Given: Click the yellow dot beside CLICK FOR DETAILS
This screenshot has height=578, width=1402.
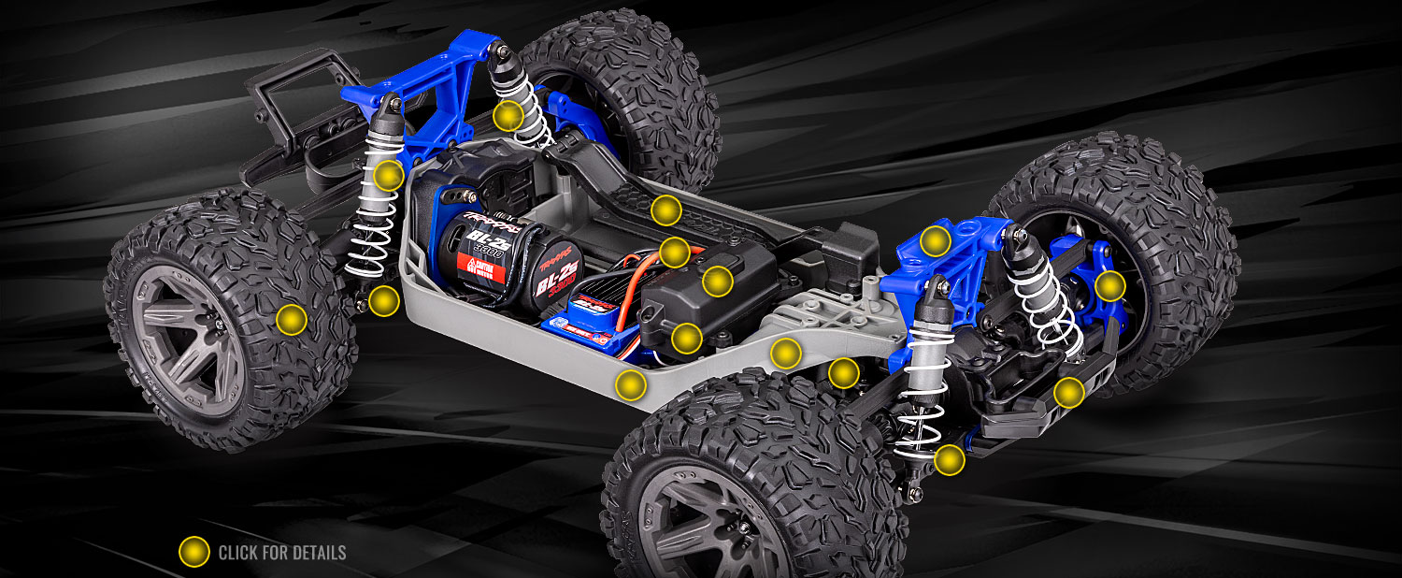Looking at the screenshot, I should coord(193,552).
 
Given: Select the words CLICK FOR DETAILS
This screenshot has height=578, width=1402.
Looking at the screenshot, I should coord(281,553).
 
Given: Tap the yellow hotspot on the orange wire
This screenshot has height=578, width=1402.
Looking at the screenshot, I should coord(674,252).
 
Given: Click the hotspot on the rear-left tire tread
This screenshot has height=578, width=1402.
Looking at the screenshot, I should coord(292,320).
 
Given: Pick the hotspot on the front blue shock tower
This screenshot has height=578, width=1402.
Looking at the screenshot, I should coord(936,241).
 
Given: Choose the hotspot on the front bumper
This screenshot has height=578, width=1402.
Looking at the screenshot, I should coord(1069,392).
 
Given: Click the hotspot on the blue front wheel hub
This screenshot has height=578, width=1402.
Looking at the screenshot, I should coord(1109,286).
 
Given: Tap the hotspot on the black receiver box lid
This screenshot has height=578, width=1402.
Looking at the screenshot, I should coord(717,281).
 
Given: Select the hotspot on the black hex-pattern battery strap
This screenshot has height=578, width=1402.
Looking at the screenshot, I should coord(665,210).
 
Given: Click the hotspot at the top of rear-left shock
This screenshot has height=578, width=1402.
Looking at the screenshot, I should coord(388,175).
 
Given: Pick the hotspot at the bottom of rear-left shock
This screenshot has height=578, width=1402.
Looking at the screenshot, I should coord(383,300).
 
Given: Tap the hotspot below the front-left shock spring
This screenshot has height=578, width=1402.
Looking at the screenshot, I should coord(949,459).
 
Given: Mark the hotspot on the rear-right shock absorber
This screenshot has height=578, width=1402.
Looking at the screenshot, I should coord(508,116).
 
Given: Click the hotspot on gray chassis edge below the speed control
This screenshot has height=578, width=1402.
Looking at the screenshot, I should coord(631,384).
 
